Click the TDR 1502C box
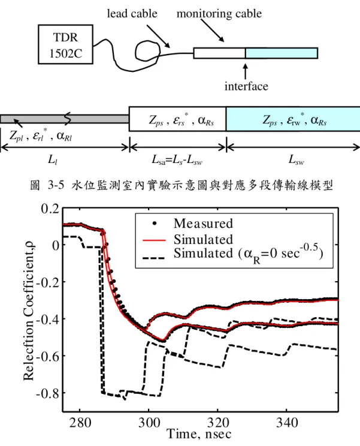coord(65,44)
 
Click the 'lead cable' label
coord(132,14)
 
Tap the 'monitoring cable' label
coord(219,14)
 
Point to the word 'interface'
coord(246,86)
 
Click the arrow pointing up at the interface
coord(245,71)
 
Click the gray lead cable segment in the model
coord(65,119)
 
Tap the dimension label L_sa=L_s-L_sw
coord(177,160)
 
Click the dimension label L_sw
coord(296,160)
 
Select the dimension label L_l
coord(53,160)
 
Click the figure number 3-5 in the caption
coord(56,185)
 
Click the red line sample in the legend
coord(154,240)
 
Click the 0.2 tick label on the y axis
coord(50,209)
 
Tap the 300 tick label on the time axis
coord(149,423)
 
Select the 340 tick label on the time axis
coord(287,423)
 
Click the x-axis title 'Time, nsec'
coord(199,435)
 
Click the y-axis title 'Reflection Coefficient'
coord(28,312)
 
